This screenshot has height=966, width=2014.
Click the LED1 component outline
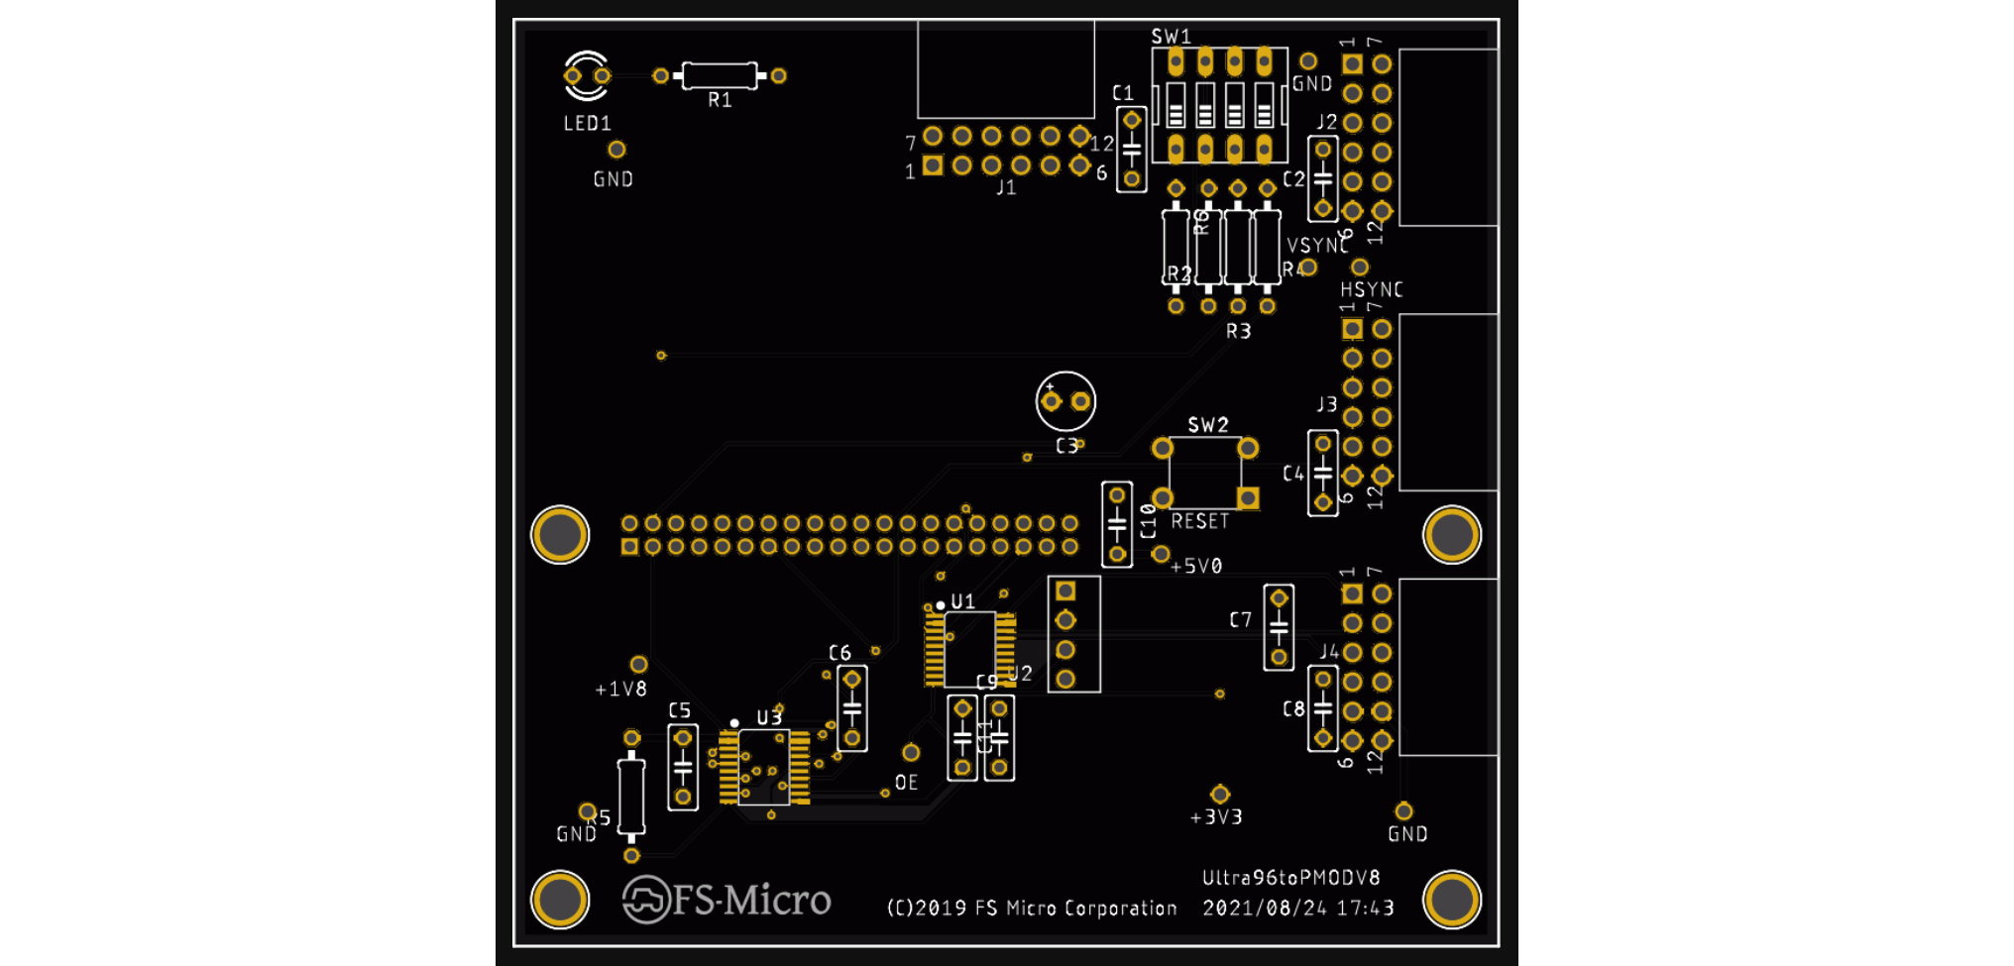(x=587, y=75)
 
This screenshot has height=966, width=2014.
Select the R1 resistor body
(x=720, y=75)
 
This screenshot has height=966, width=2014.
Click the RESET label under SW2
(x=1199, y=521)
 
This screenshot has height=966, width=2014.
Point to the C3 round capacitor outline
(x=1065, y=401)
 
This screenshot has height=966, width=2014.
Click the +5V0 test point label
(x=1196, y=567)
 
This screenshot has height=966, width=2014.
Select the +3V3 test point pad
(x=1220, y=795)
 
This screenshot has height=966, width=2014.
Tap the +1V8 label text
(x=620, y=690)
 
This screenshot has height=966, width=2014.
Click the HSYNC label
(x=1371, y=290)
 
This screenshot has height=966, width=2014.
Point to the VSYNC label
(x=1317, y=246)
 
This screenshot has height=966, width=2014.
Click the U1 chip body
(x=969, y=649)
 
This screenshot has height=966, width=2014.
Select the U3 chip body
(x=764, y=767)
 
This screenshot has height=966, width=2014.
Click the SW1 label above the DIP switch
(x=1171, y=37)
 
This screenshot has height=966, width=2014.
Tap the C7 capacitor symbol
(x=1279, y=627)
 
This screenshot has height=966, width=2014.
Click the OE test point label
(x=906, y=783)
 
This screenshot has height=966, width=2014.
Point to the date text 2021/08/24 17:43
(x=1297, y=909)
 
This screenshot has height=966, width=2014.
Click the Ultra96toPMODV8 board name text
(x=1290, y=878)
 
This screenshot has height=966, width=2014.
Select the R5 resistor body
(x=631, y=796)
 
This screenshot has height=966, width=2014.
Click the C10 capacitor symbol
(x=1117, y=523)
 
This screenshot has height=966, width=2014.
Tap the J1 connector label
(x=1006, y=187)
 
